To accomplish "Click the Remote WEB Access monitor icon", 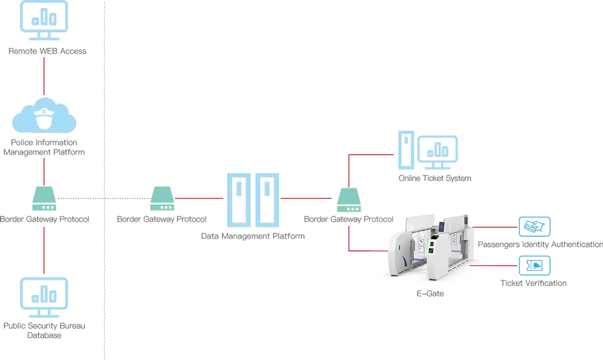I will tap(44, 21).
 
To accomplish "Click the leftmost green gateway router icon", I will tap(44, 199).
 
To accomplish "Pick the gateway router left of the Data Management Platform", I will tap(162, 199).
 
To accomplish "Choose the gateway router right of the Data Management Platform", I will tap(349, 199).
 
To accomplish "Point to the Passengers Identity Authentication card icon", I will tap(534, 227).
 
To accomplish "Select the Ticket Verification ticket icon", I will tap(534, 265).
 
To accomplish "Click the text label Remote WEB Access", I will tap(47, 51).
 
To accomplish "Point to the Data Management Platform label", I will tap(252, 235).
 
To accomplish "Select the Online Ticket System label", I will tap(435, 178).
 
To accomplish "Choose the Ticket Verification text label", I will tap(533, 283).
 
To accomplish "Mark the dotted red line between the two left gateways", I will tap(103, 199).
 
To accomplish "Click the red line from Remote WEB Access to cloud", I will tap(44, 75).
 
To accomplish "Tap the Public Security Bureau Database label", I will tap(44, 330).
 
